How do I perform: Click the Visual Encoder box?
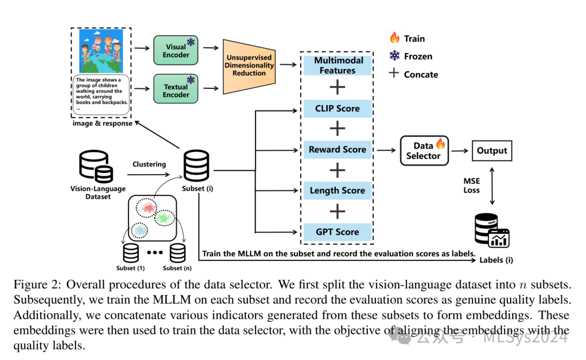(x=176, y=50)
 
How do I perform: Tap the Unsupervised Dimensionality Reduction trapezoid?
(x=249, y=66)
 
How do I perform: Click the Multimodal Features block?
(x=337, y=66)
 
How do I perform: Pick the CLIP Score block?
(x=337, y=108)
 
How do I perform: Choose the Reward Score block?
(x=337, y=150)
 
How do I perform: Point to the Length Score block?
(x=337, y=191)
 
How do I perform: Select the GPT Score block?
(x=337, y=232)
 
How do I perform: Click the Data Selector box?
(x=423, y=150)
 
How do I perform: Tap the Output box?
(x=492, y=151)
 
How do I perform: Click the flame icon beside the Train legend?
(x=394, y=38)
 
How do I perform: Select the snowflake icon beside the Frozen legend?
(x=394, y=56)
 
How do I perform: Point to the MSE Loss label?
(x=471, y=185)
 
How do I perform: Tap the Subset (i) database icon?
(x=196, y=167)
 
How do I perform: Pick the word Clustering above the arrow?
(x=149, y=164)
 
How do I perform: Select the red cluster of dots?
(x=146, y=208)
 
